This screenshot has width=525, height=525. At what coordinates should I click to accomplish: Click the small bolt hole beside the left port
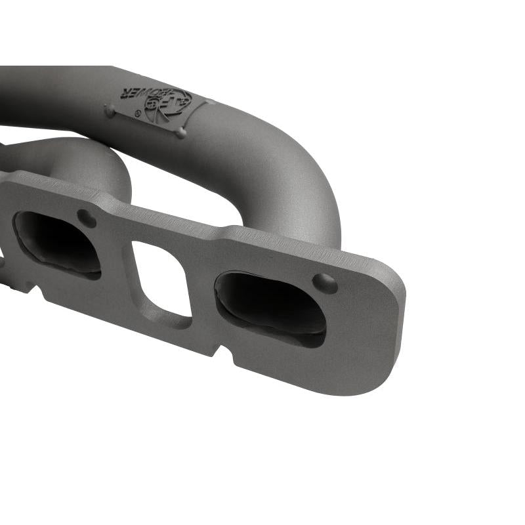(x=86, y=217)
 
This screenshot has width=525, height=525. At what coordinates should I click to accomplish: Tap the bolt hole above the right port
(x=324, y=283)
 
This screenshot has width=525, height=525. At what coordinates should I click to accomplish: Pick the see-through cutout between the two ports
(x=162, y=279)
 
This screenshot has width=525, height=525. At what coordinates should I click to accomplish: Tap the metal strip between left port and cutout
(x=118, y=262)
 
